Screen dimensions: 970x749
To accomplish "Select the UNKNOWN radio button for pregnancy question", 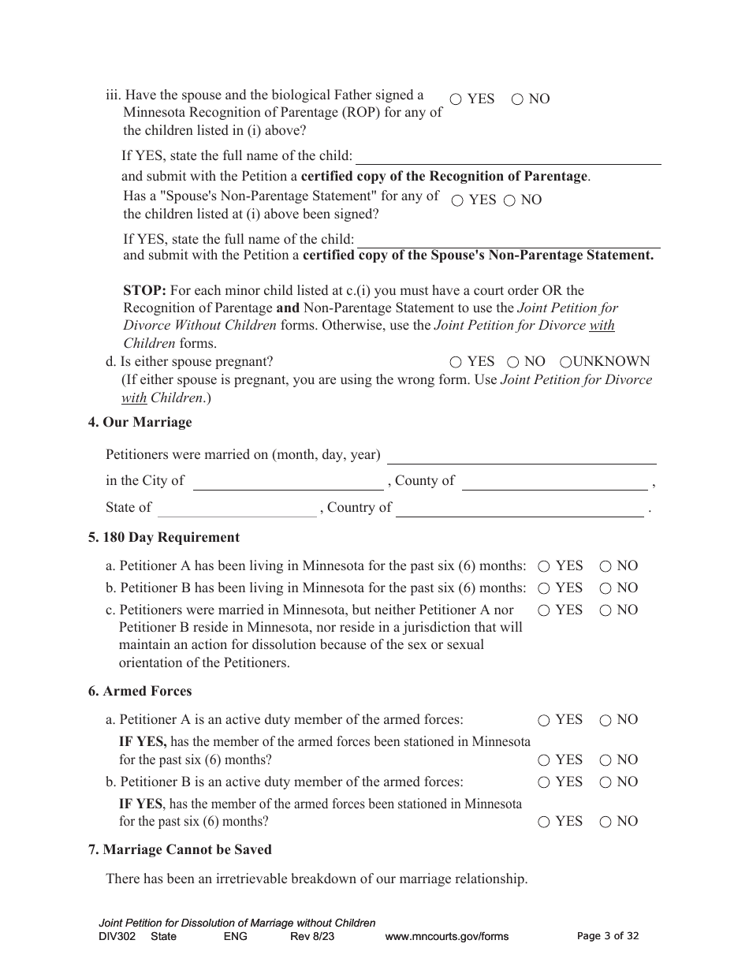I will (x=565, y=362).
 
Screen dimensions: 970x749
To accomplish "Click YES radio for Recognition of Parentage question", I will (x=456, y=99).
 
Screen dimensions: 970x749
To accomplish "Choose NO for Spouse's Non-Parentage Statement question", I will (x=509, y=200).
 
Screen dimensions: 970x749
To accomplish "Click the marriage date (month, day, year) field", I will (x=522, y=456).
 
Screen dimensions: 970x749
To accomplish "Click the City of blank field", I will (x=288, y=481).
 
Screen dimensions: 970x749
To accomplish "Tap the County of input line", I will (x=554, y=481).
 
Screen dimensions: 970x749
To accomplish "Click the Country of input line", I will (x=520, y=508).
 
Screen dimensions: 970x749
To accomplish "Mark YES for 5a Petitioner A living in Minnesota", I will (x=544, y=566).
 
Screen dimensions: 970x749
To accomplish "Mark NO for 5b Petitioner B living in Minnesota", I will (x=606, y=588).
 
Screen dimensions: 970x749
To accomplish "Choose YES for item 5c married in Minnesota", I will (x=544, y=610).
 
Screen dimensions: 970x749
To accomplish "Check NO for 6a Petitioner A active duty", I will (x=606, y=720).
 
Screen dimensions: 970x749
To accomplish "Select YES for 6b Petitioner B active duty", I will (x=544, y=782).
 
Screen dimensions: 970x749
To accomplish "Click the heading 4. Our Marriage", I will (x=140, y=423).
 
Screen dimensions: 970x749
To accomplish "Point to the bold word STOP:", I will (x=144, y=291).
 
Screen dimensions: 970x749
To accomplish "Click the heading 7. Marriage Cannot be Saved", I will (x=180, y=850).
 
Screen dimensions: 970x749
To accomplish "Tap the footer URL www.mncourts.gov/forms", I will (x=446, y=937).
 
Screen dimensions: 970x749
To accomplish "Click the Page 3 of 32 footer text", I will (x=608, y=936).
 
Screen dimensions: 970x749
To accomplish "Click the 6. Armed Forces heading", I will (x=140, y=692).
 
